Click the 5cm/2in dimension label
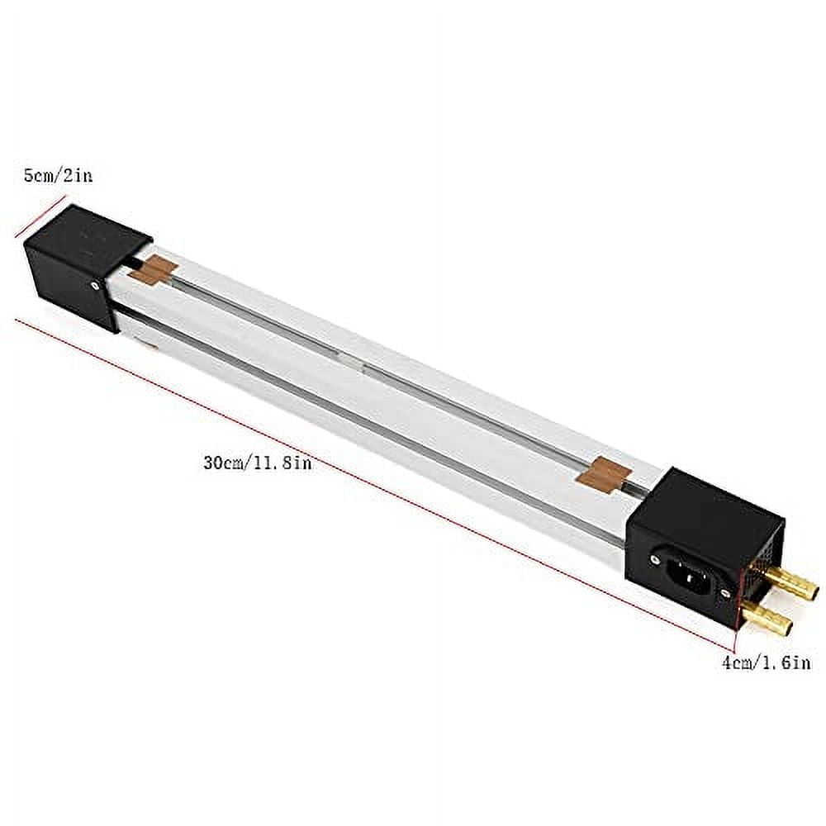click(58, 176)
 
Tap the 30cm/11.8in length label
click(257, 463)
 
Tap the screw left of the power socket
click(655, 559)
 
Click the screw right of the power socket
click(727, 592)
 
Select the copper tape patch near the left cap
click(154, 270)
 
